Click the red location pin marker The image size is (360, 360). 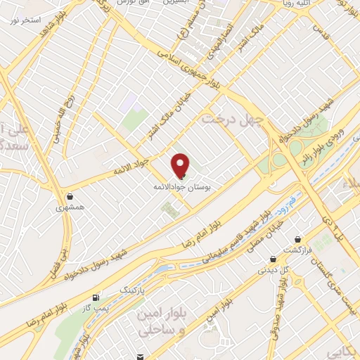pyautogui.click(x=181, y=165)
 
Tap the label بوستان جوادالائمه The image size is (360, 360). pyautogui.click(x=182, y=188)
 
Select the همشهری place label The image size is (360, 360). pyautogui.click(x=72, y=208)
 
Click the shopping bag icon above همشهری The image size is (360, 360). pyautogui.click(x=72, y=196)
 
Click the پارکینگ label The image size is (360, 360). pyautogui.click(x=131, y=289)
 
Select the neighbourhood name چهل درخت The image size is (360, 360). pyautogui.click(x=233, y=119)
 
